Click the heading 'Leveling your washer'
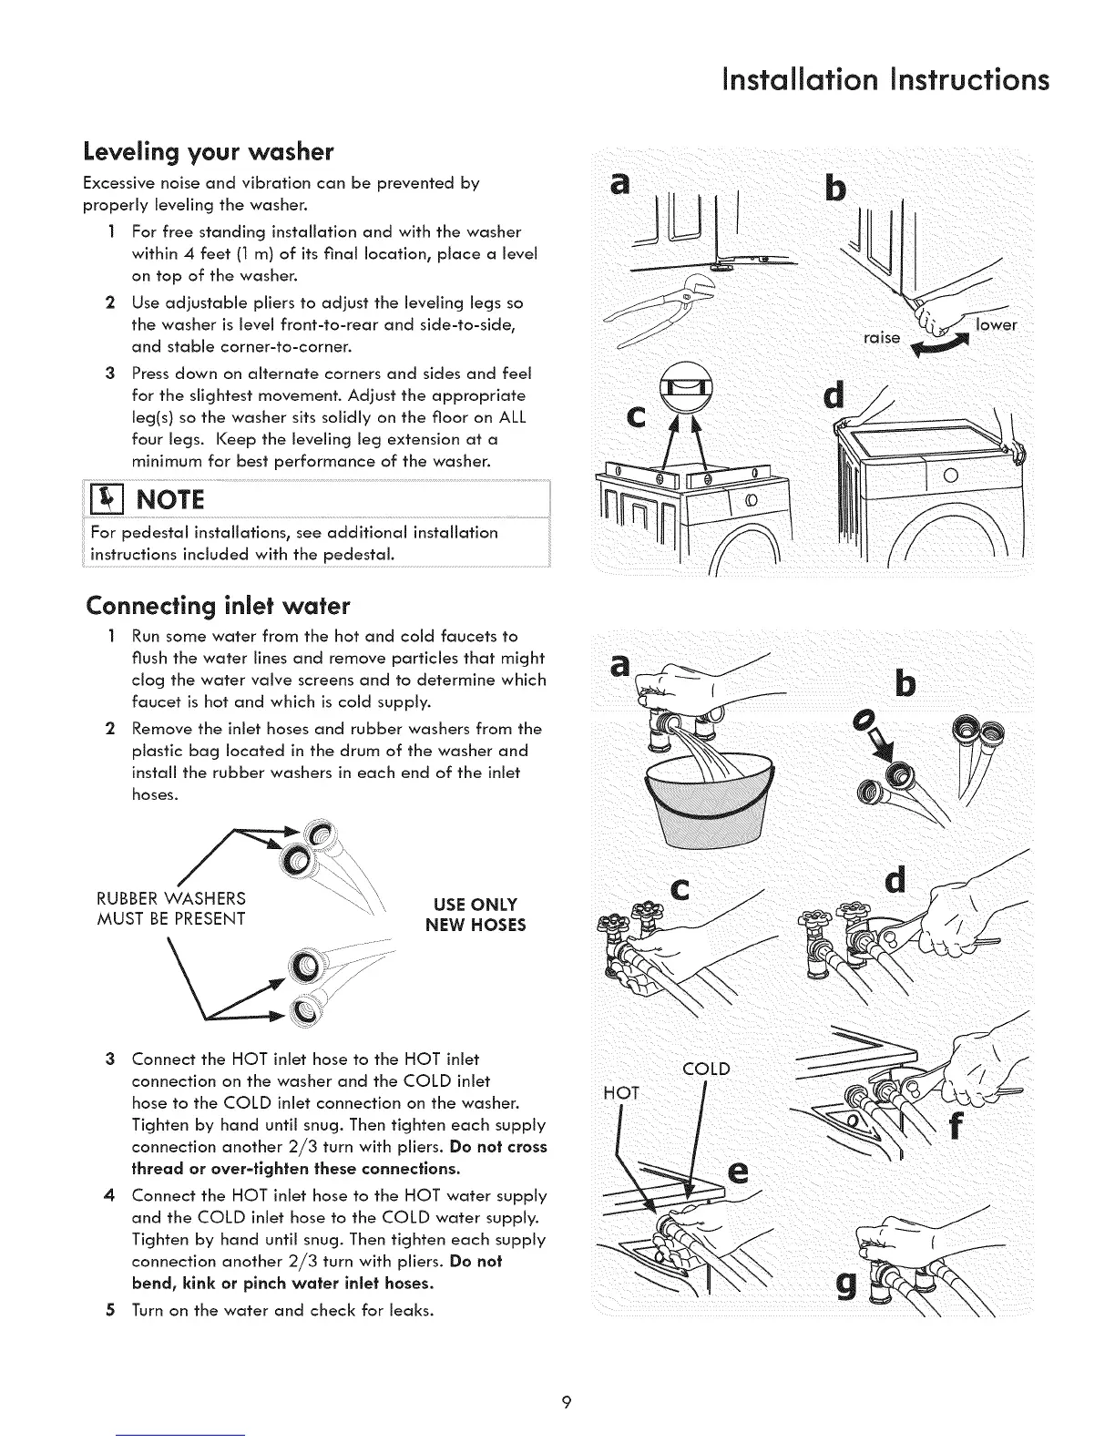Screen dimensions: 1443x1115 [x=209, y=149]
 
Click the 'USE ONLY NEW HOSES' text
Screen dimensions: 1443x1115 [x=476, y=915]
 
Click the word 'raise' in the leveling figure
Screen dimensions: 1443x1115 [x=881, y=338]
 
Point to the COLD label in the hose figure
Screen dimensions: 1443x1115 [x=706, y=1069]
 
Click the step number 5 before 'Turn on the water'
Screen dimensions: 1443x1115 [x=108, y=1311]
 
